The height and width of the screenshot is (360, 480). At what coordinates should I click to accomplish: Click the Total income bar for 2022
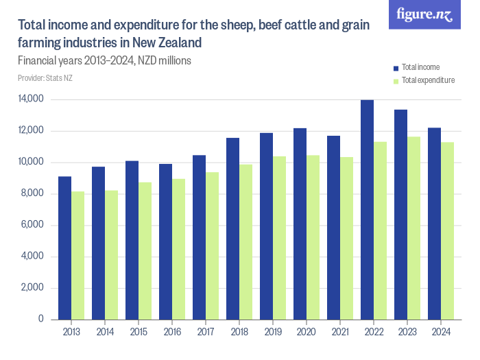[368, 210]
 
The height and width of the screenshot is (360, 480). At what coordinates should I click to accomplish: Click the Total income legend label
[420, 68]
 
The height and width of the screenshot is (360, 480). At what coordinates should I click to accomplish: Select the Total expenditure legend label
[428, 80]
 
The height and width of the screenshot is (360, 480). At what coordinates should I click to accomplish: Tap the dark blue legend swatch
[396, 68]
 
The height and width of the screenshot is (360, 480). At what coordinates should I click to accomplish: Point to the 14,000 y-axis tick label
[32, 99]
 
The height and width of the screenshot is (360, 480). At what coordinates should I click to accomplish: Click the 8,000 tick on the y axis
[33, 194]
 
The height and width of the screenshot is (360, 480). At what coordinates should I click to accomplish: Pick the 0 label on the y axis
[41, 320]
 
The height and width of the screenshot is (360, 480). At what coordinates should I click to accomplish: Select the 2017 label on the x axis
[206, 333]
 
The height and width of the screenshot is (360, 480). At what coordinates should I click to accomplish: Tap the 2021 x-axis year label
[340, 333]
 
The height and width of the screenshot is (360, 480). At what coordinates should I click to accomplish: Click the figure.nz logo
[424, 14]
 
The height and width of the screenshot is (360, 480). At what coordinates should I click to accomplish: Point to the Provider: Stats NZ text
[45, 78]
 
